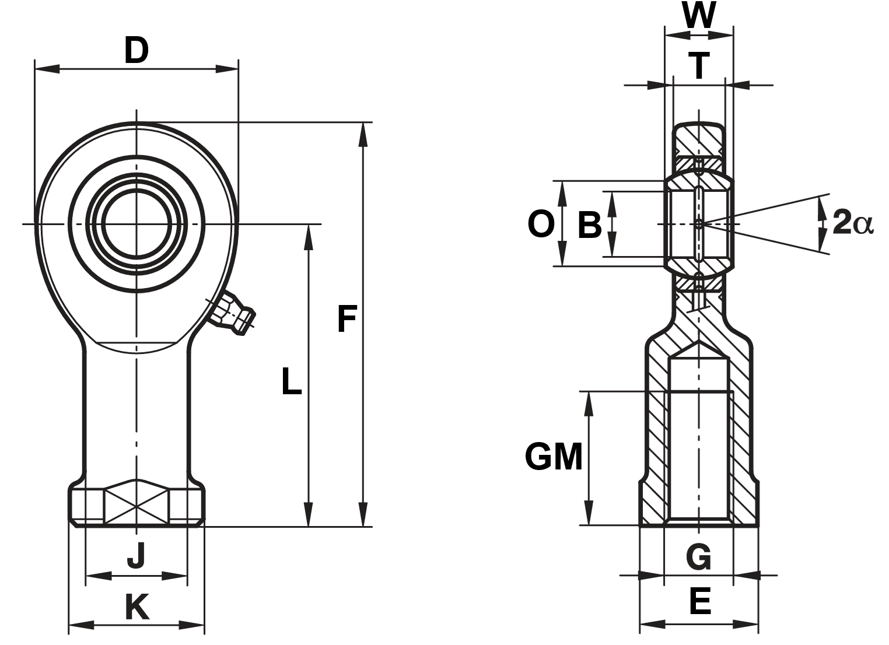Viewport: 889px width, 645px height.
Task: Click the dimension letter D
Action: pos(136,51)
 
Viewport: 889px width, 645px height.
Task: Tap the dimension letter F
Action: pos(346,319)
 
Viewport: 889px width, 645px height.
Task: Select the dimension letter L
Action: pos(291,381)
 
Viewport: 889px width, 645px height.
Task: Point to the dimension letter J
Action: pos(136,555)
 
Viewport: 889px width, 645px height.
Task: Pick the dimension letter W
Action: pos(699,16)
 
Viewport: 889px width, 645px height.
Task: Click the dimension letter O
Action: pos(540,224)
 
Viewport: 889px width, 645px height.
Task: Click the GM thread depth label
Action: pos(554,457)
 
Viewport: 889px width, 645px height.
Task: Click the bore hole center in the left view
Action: pos(137,223)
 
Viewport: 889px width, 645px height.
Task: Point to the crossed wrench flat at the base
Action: pos(137,503)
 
